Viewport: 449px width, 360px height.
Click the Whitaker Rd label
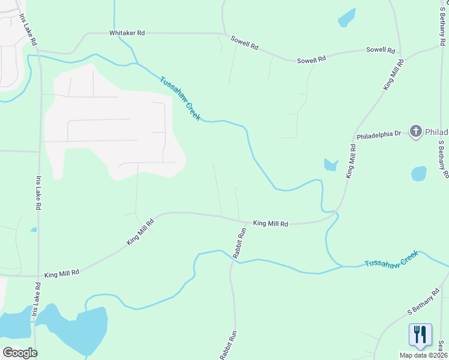click(127, 34)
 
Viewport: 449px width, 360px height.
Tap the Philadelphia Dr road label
click(378, 136)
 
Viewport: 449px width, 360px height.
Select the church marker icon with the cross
click(415, 131)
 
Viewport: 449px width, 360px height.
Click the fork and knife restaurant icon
click(420, 334)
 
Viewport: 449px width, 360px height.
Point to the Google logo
click(19, 352)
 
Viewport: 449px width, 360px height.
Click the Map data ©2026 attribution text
click(423, 355)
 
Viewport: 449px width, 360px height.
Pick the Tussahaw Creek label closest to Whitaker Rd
click(181, 98)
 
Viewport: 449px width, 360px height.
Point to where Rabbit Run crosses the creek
click(232, 261)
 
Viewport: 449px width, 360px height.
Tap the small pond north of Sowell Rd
click(347, 17)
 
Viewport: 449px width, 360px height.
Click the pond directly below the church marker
click(419, 174)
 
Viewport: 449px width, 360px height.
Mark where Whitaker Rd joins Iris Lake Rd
click(38, 53)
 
